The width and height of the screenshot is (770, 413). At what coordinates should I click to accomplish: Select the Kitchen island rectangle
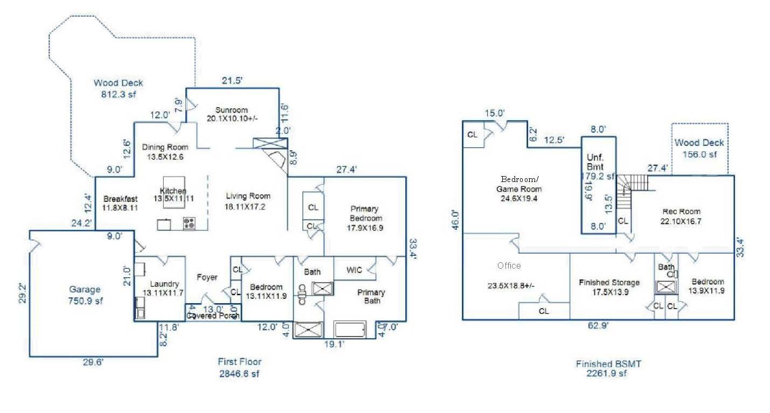[174, 190]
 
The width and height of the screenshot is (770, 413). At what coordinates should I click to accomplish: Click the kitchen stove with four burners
[189, 223]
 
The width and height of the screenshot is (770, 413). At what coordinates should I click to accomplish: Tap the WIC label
[354, 270]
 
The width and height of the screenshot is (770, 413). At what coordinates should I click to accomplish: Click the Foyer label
[207, 277]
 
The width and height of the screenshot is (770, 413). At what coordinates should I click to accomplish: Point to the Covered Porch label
[213, 316]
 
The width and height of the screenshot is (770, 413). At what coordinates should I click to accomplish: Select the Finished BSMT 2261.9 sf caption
[608, 368]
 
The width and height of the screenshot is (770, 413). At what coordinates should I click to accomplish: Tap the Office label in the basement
[509, 265]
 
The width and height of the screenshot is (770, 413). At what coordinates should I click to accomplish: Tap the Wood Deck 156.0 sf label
[699, 148]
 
